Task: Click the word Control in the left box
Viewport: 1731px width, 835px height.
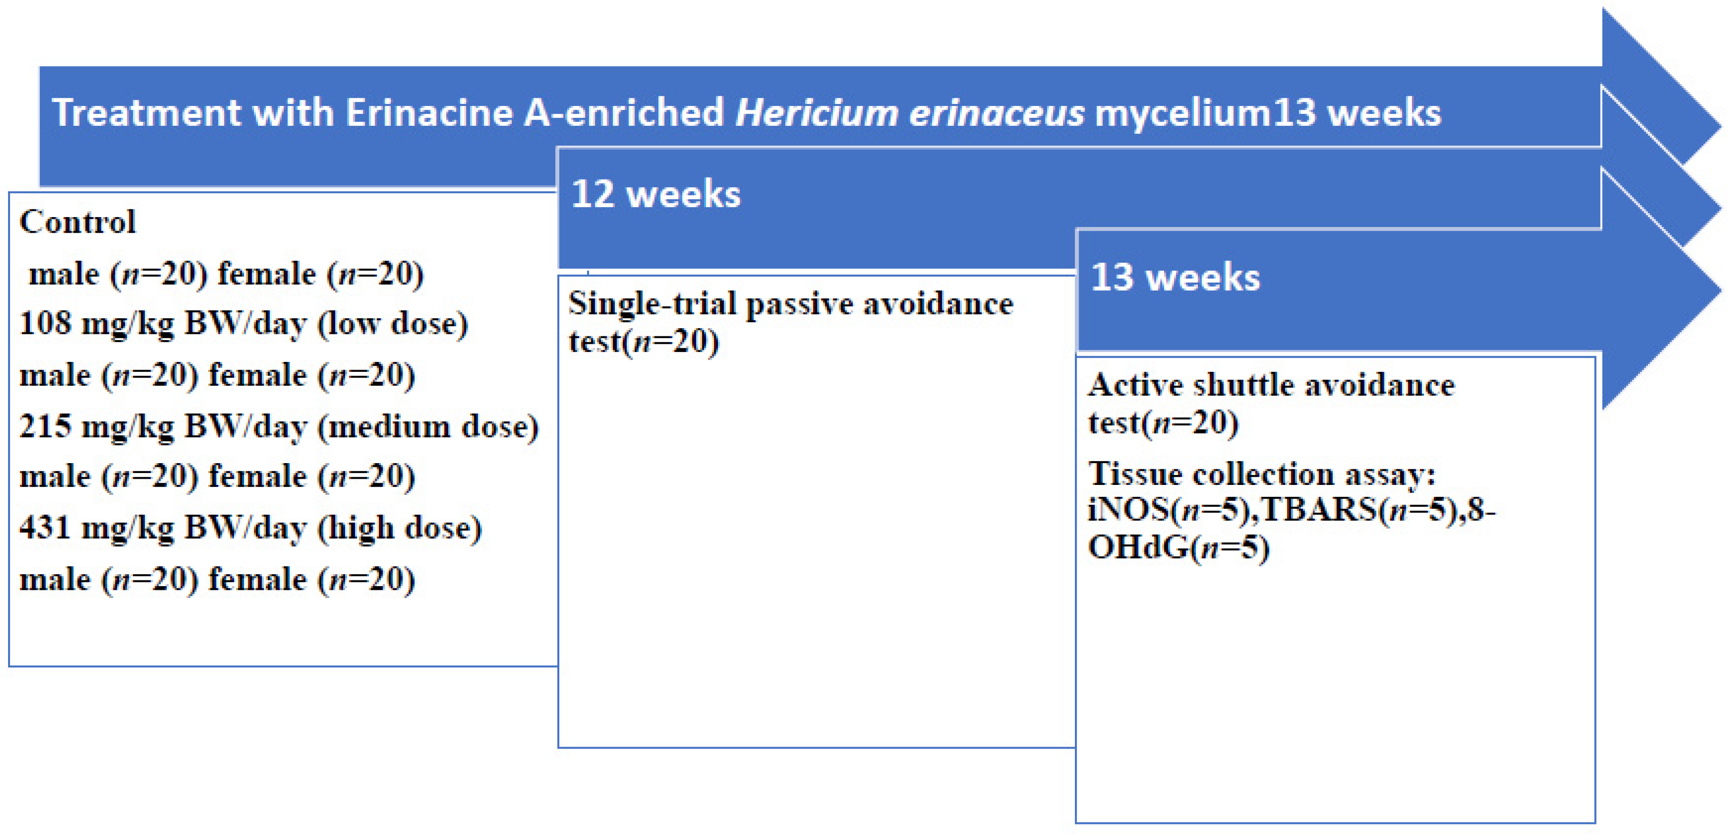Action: click(x=77, y=222)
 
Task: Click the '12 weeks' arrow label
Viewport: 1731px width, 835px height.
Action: click(x=656, y=194)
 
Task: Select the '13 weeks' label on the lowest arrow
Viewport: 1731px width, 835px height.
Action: click(x=1175, y=277)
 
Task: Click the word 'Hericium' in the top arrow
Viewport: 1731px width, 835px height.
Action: click(x=817, y=112)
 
